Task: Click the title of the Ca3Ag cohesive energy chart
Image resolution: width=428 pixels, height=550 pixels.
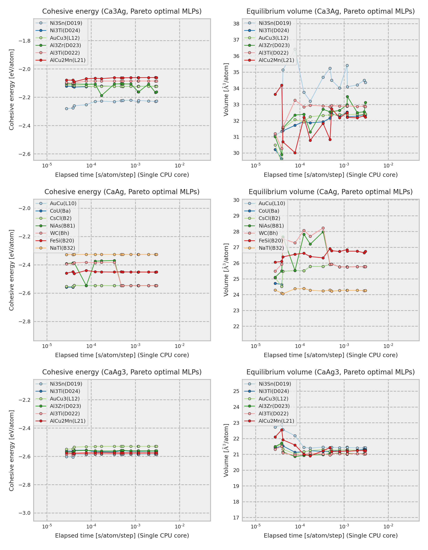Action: [x=122, y=11]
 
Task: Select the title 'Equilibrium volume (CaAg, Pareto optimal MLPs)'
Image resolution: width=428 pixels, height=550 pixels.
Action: [x=331, y=192]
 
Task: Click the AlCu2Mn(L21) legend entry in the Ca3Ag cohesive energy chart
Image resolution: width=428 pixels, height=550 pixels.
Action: [x=67, y=60]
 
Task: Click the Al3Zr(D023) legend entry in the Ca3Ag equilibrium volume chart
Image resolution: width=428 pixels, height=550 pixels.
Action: [x=274, y=45]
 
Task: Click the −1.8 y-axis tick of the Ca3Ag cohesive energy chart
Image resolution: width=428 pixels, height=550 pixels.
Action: [x=24, y=41]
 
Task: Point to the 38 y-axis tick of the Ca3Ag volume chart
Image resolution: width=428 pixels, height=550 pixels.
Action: [x=236, y=24]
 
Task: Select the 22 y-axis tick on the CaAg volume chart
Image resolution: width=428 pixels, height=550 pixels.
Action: [x=236, y=326]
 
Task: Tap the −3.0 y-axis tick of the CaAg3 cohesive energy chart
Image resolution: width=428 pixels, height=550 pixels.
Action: [x=24, y=513]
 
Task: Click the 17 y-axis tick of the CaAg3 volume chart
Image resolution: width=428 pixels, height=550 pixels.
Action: [x=236, y=518]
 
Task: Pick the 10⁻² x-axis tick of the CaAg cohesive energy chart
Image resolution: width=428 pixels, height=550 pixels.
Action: [x=180, y=346]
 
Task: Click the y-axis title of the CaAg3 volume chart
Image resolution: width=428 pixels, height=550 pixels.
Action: [x=226, y=450]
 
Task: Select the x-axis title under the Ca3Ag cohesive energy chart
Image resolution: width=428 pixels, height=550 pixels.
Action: [x=122, y=175]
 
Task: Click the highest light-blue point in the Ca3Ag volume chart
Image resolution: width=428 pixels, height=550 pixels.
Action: [x=295, y=49]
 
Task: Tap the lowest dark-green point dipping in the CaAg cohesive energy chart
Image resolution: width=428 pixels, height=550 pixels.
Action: [x=86, y=286]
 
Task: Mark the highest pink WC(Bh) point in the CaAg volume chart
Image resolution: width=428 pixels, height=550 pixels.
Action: [x=323, y=228]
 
